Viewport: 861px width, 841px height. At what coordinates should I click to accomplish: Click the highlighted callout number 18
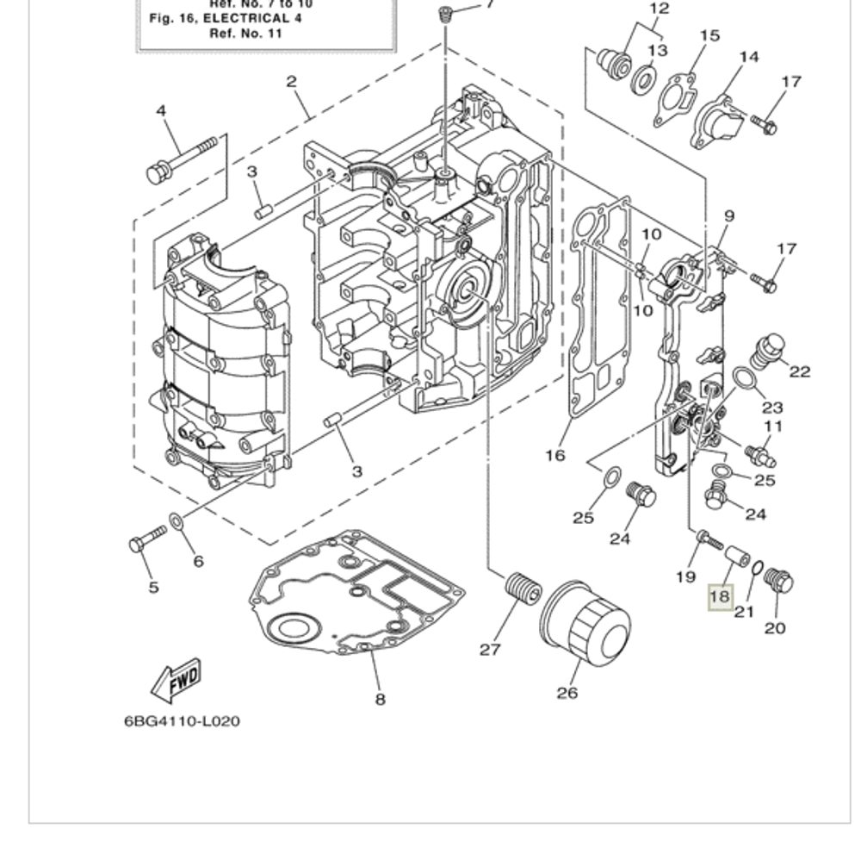tap(719, 595)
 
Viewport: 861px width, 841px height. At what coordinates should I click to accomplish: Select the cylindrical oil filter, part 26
tap(585, 624)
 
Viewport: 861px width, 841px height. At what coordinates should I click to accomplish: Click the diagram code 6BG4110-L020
tap(182, 720)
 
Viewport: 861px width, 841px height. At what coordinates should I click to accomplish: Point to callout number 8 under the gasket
tap(380, 699)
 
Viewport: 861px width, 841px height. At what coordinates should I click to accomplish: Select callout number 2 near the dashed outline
tap(291, 82)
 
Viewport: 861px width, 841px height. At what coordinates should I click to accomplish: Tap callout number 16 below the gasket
tap(555, 454)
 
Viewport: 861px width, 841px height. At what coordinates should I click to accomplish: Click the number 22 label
tap(800, 371)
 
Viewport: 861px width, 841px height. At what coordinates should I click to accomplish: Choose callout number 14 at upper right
tap(748, 57)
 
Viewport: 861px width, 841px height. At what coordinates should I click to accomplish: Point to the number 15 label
tap(709, 35)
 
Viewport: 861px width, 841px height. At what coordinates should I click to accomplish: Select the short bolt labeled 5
tap(146, 541)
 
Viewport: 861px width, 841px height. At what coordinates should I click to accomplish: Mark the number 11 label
tap(772, 426)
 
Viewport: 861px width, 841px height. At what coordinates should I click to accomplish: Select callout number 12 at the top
tap(659, 9)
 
